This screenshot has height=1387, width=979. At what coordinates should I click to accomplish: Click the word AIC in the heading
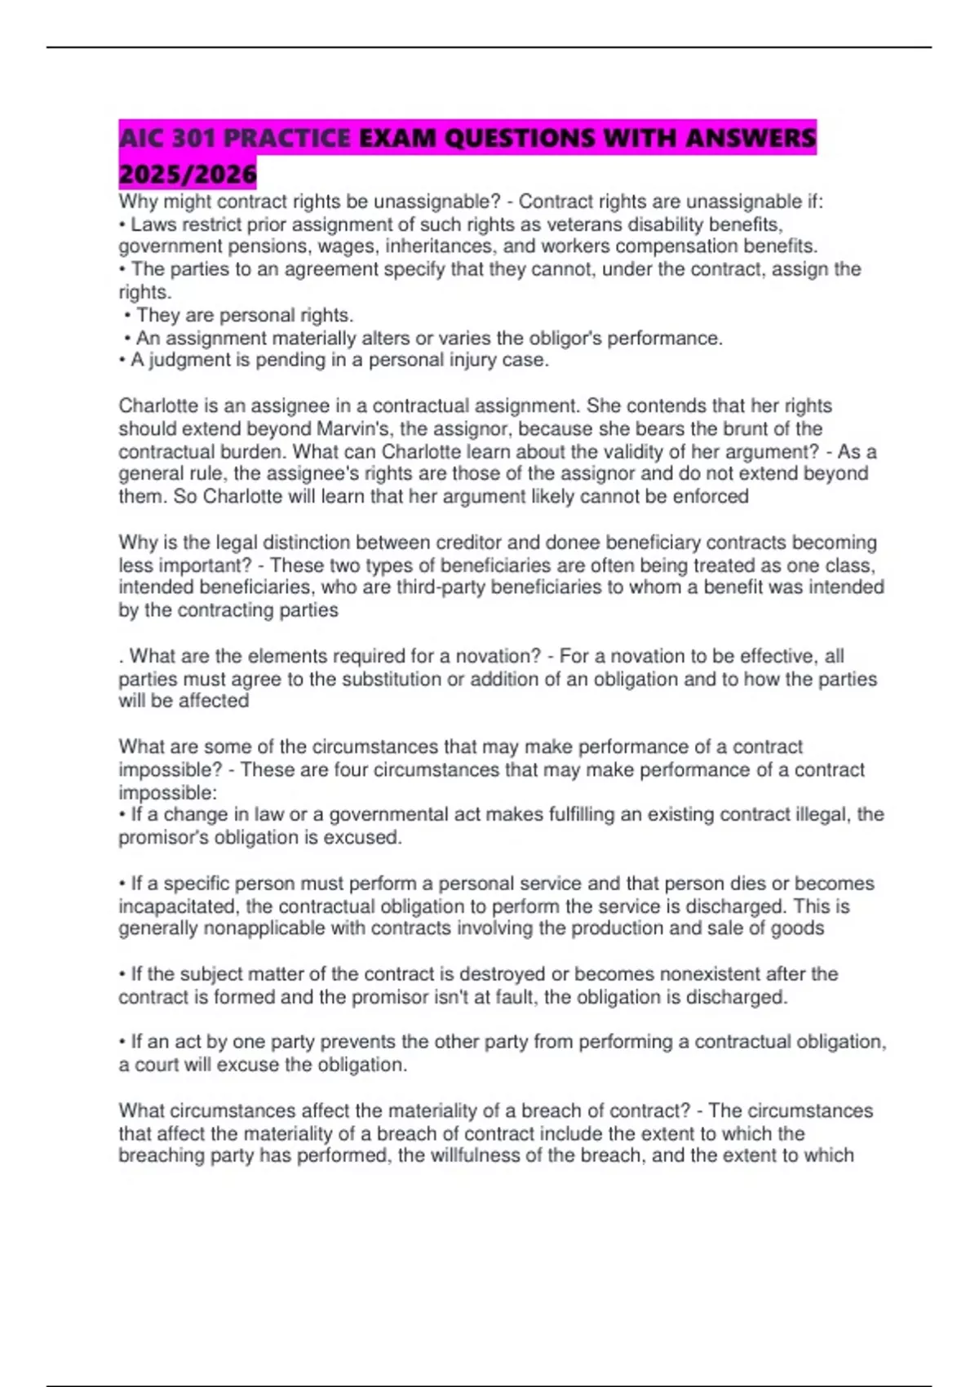coord(144,138)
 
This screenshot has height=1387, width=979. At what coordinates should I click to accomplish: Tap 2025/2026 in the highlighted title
coord(188,174)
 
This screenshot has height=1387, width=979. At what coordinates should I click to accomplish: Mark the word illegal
coord(821,814)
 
